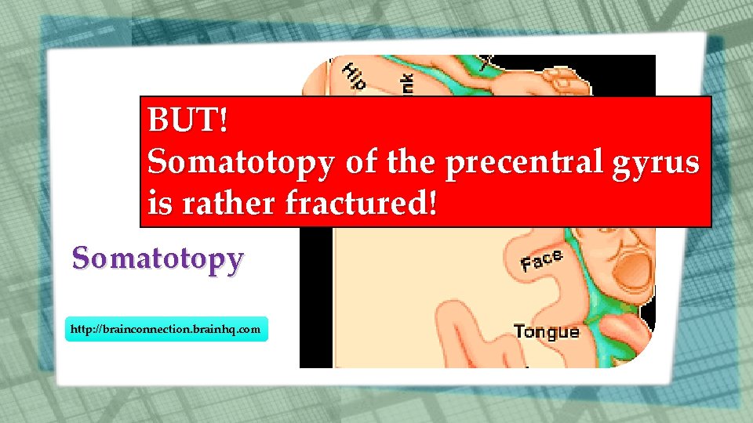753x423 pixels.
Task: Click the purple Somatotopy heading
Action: click(158, 258)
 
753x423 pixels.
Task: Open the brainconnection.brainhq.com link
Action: click(166, 330)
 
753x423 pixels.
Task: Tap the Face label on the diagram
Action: click(542, 260)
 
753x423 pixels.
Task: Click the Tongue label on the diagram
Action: click(547, 331)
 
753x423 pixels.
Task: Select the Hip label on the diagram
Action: click(355, 75)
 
